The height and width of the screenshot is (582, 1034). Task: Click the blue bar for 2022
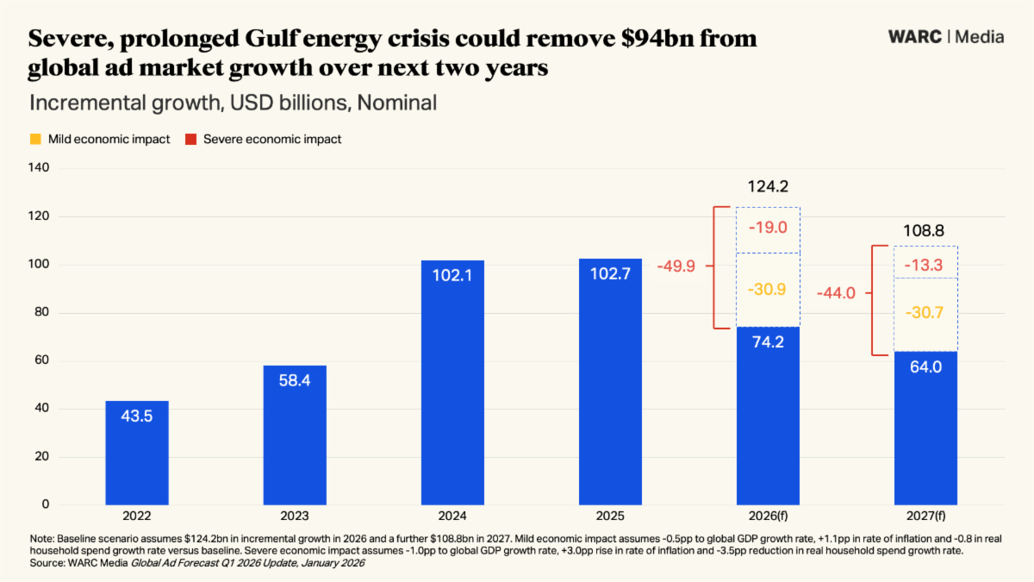pyautogui.click(x=137, y=453)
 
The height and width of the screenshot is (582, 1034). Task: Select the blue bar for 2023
pyautogui.click(x=295, y=435)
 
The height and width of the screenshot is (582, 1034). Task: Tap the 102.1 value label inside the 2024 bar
pyautogui.click(x=452, y=277)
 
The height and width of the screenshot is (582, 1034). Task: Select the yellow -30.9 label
pyautogui.click(x=768, y=290)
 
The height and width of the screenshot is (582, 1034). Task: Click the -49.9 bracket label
pyautogui.click(x=676, y=266)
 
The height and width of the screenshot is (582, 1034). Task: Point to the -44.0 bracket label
pyautogui.click(x=836, y=293)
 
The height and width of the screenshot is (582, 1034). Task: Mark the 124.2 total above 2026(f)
pyautogui.click(x=768, y=186)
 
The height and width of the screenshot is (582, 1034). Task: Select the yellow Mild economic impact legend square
pyautogui.click(x=35, y=139)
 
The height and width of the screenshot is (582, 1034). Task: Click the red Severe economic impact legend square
pyautogui.click(x=191, y=139)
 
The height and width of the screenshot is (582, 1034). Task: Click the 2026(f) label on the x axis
pyautogui.click(x=768, y=516)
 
